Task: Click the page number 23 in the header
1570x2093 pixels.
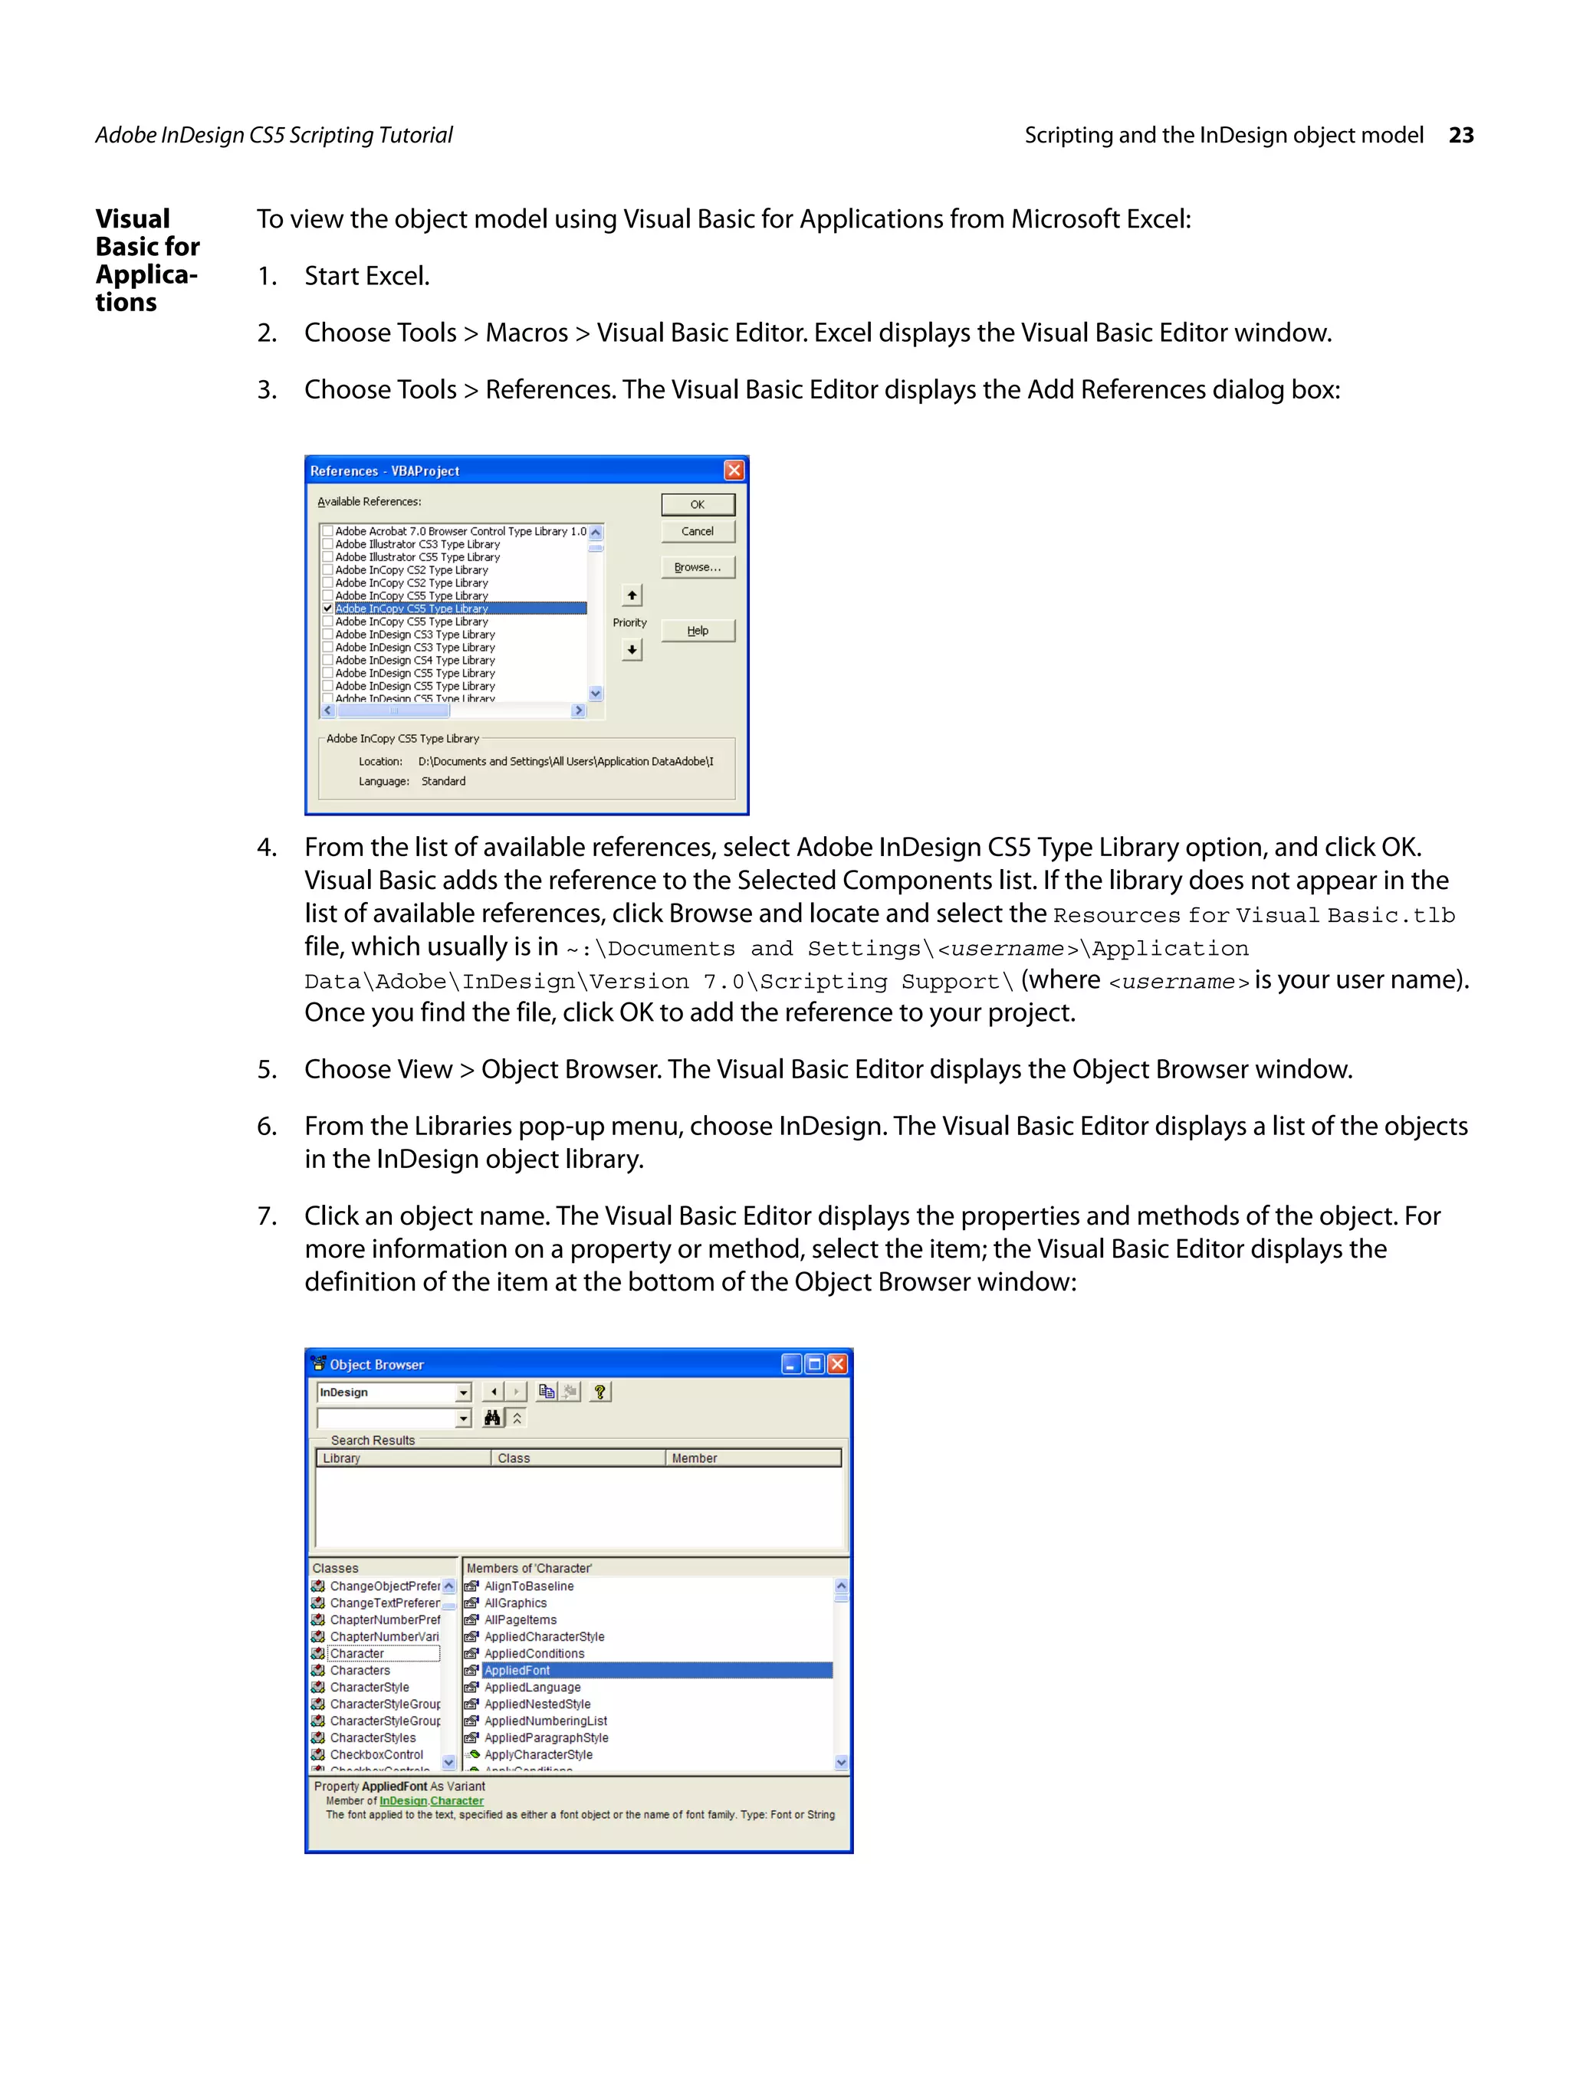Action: click(1460, 136)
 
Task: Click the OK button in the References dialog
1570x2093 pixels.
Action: click(697, 504)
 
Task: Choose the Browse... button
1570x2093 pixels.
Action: click(697, 567)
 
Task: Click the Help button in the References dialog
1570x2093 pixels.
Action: click(697, 630)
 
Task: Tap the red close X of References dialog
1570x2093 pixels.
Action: click(734, 471)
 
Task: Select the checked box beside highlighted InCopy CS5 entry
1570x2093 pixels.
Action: click(327, 609)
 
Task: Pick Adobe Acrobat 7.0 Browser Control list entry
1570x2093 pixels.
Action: click(460, 532)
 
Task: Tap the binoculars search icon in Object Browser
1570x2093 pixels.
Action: click(492, 1417)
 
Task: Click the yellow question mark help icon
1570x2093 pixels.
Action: click(600, 1391)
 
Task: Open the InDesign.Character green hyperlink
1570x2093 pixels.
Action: click(432, 1800)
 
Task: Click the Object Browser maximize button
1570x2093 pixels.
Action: click(814, 1363)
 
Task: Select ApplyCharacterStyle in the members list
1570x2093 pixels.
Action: click(537, 1754)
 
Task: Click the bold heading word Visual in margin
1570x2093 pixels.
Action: click(133, 219)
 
